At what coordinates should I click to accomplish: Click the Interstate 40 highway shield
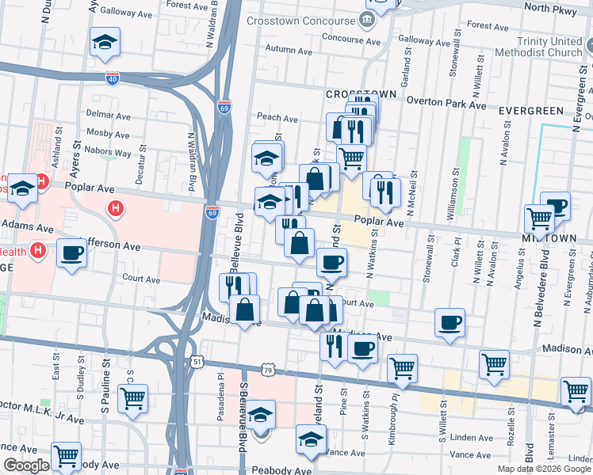click(112, 78)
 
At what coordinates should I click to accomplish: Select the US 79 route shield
click(269, 370)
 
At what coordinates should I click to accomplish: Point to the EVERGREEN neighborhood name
click(531, 111)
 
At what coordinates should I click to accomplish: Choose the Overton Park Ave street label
click(446, 103)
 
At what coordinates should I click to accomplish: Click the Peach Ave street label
click(277, 118)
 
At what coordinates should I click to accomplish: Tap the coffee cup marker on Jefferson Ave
click(72, 253)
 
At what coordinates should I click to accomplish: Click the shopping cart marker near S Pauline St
click(132, 398)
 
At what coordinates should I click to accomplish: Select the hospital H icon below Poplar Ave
click(117, 209)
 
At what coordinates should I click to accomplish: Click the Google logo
click(26, 465)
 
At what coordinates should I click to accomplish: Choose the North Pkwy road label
click(548, 8)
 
